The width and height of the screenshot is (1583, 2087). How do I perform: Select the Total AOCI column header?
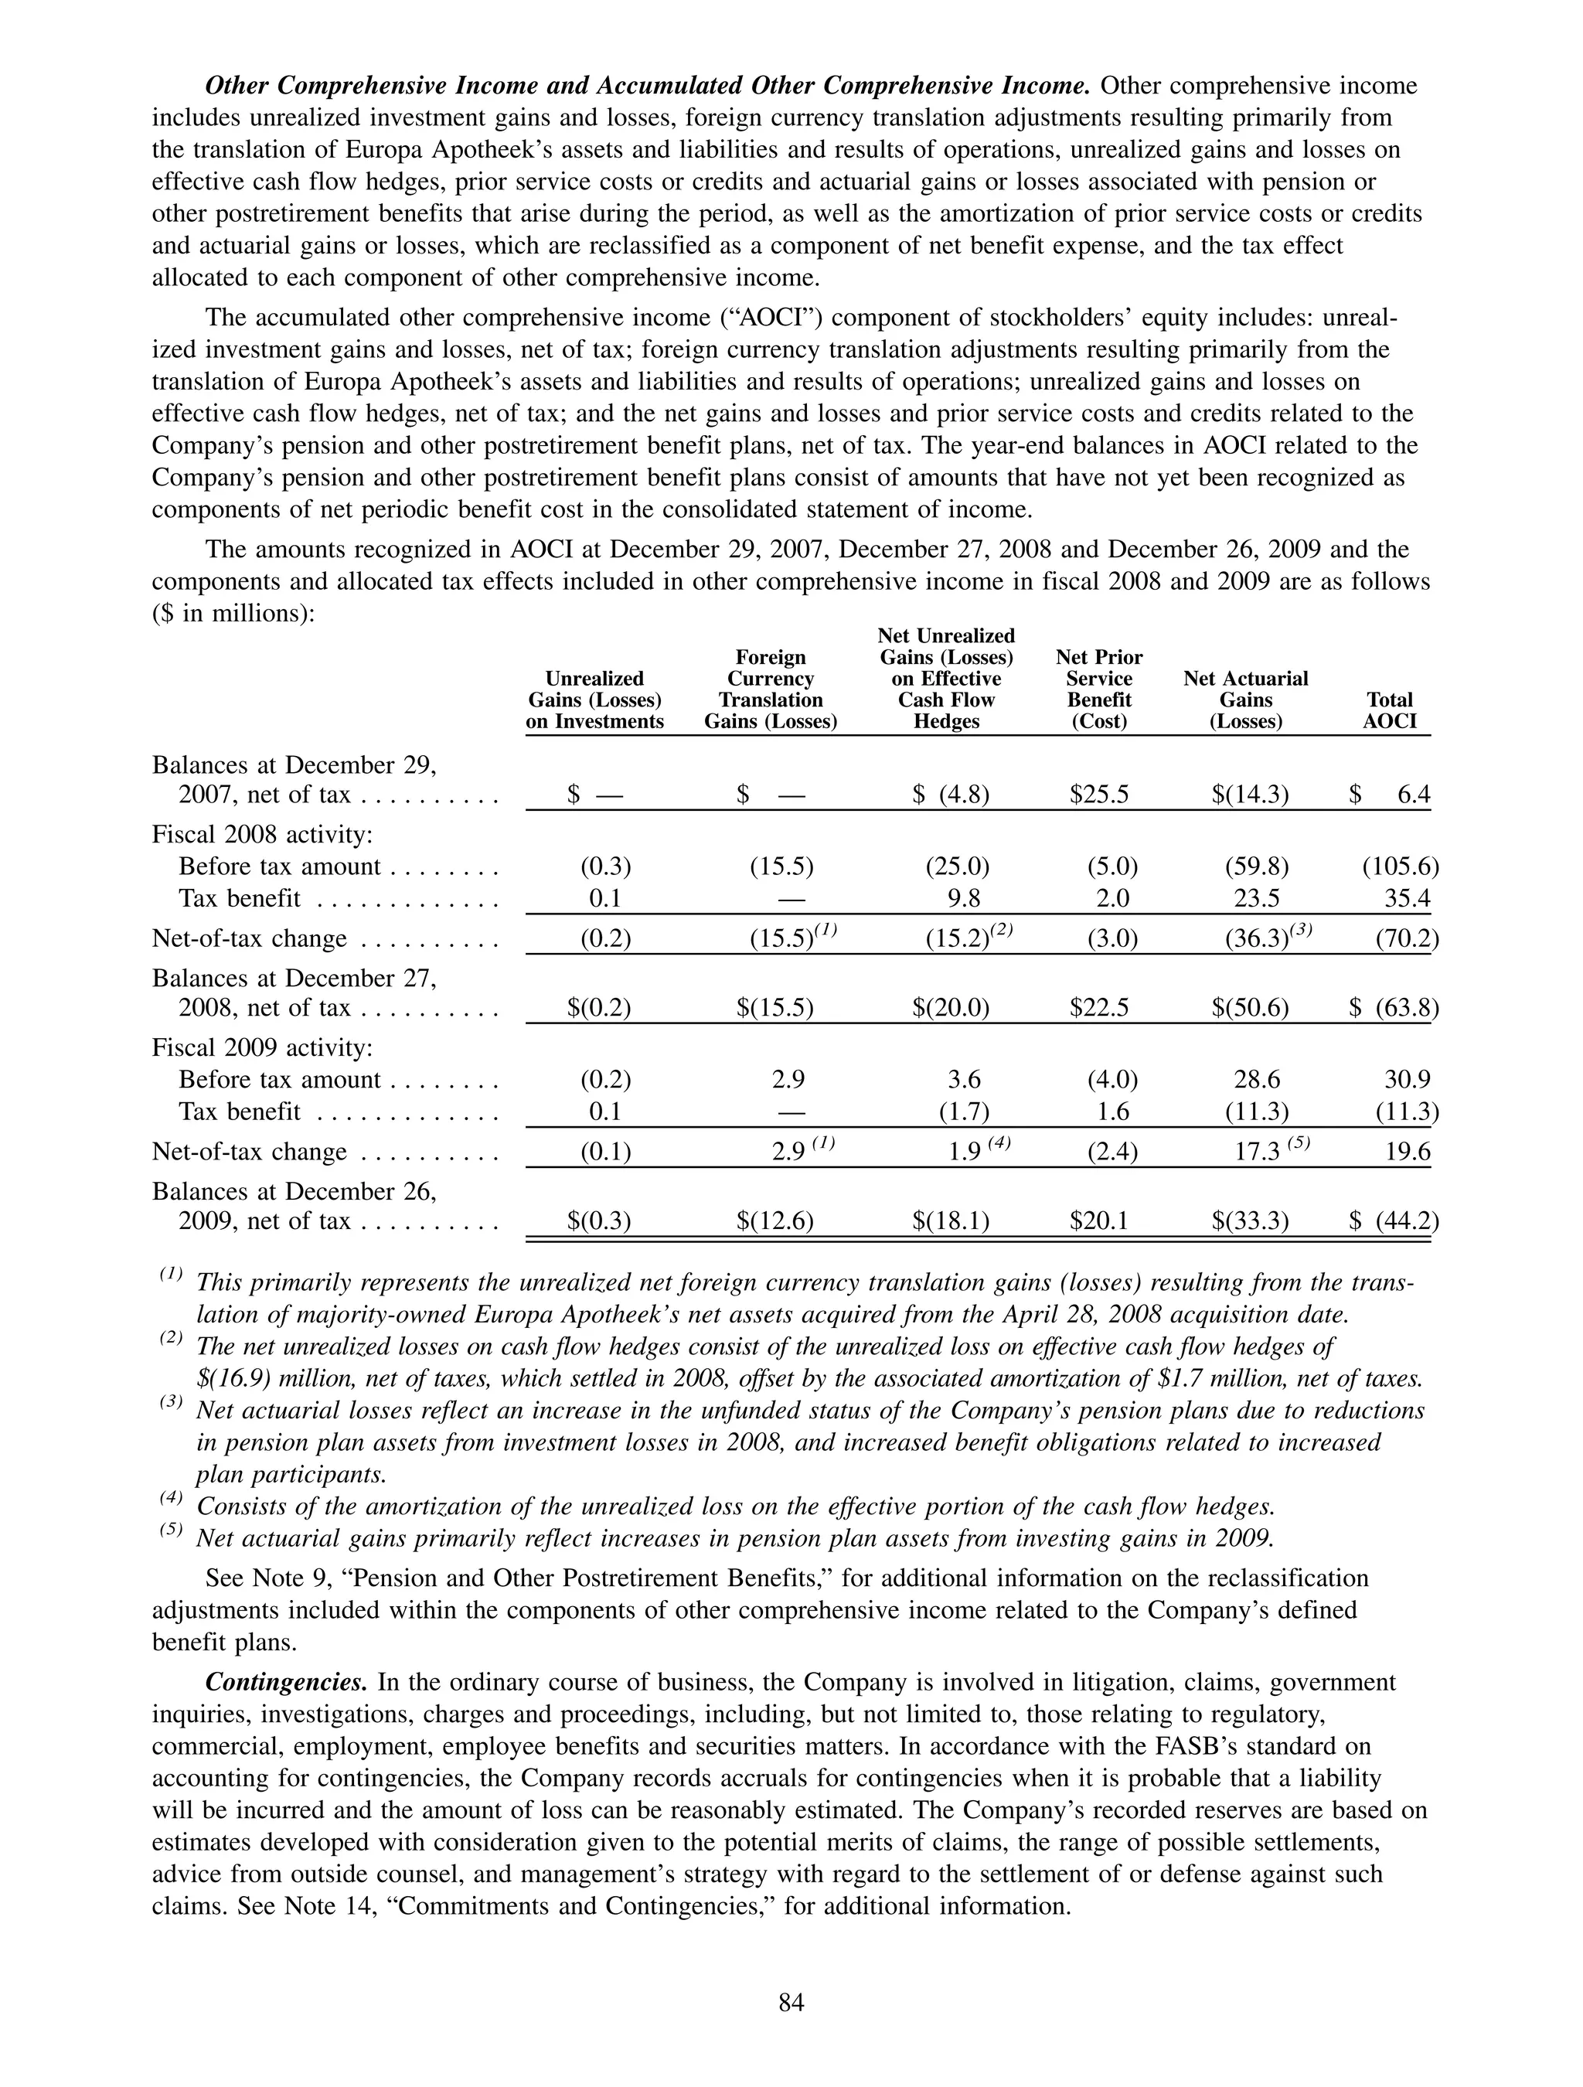1390,710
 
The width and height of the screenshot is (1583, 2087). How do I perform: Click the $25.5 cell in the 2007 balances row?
1099,795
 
